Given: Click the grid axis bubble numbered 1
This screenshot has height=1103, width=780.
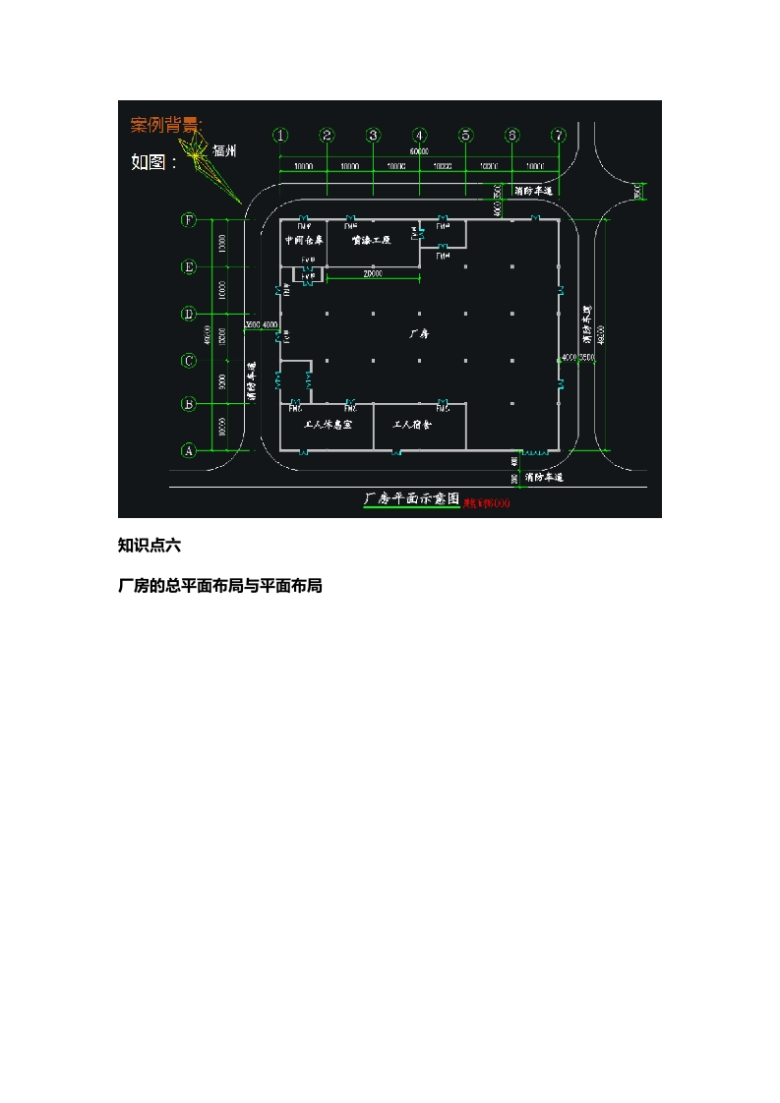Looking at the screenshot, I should pos(281,135).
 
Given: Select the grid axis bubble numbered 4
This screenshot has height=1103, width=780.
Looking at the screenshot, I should pos(420,135).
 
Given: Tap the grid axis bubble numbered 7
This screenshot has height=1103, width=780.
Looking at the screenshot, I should pos(559,135).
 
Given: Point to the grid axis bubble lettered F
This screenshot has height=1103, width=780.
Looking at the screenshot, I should pos(189,220).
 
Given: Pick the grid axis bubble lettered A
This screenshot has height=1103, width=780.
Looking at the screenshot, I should pos(189,450).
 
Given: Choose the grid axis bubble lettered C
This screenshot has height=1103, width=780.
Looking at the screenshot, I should pos(189,361).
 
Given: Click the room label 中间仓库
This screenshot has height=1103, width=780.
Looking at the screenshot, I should pos(304,240).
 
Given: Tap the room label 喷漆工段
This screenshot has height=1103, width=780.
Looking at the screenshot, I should pos(372,240).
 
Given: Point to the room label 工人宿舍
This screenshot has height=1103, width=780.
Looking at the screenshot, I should pos(413,425).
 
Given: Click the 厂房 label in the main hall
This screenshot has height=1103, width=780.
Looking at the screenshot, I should pos(420,333).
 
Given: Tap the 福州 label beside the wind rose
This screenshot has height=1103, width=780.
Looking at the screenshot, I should pos(225,151).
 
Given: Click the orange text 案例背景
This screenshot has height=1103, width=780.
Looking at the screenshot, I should pos(166,125).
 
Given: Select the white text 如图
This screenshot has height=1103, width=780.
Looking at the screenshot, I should pos(154,162).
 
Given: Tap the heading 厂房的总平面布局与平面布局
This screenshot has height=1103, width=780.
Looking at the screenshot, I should pos(220,586).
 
